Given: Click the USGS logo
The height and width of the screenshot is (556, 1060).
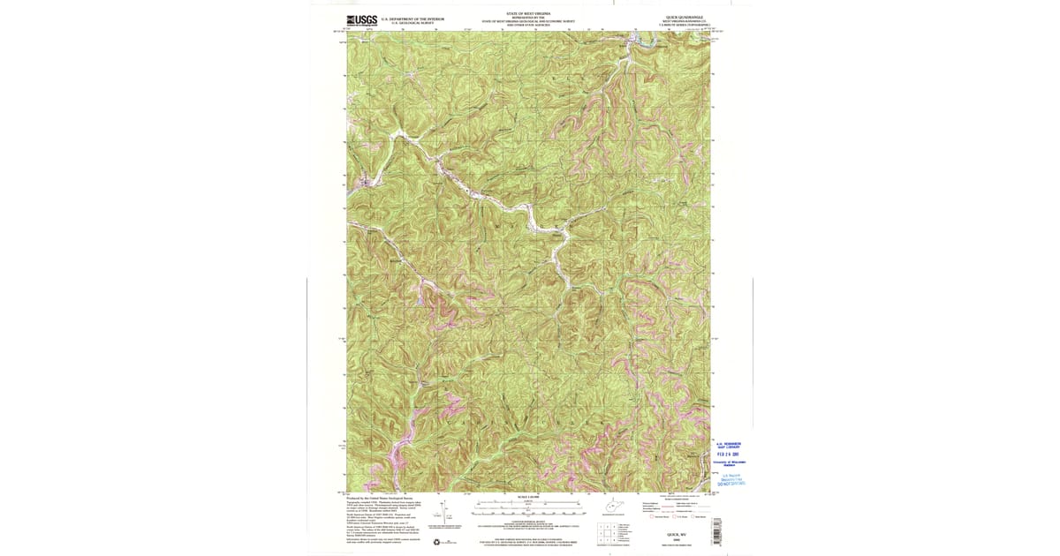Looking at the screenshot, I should pyautogui.click(x=361, y=20).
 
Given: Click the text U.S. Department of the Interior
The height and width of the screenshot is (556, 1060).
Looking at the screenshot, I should pyautogui.click(x=412, y=18).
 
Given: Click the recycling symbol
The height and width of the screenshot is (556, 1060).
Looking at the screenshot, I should pyautogui.click(x=436, y=540).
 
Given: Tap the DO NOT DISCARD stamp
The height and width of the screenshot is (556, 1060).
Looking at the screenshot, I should pyautogui.click(x=730, y=484).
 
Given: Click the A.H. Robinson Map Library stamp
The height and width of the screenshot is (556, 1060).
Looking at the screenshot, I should pyautogui.click(x=728, y=446).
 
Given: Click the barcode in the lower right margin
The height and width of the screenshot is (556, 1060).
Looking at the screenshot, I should pyautogui.click(x=716, y=530).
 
